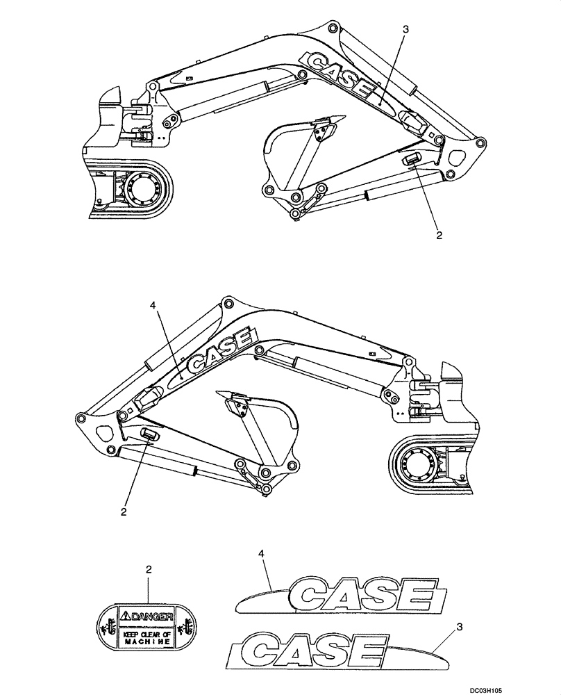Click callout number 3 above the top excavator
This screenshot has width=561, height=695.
405,29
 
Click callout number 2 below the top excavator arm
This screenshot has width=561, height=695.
438,235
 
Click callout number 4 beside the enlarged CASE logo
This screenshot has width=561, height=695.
261,554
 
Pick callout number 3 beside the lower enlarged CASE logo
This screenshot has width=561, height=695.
460,628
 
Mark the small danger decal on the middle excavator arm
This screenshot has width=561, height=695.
150,434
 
